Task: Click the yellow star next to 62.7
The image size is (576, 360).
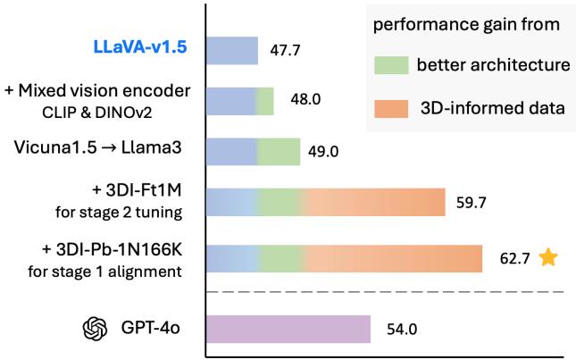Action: point(548,258)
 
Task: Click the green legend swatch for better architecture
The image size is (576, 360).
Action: point(386,64)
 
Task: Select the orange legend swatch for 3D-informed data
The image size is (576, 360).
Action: point(386,109)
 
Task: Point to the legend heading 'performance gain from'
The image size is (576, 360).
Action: point(463,25)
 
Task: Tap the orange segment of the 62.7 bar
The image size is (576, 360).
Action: point(393,258)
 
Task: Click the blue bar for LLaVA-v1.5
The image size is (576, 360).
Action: point(232,51)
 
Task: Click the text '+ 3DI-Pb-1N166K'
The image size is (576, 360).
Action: point(135,249)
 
